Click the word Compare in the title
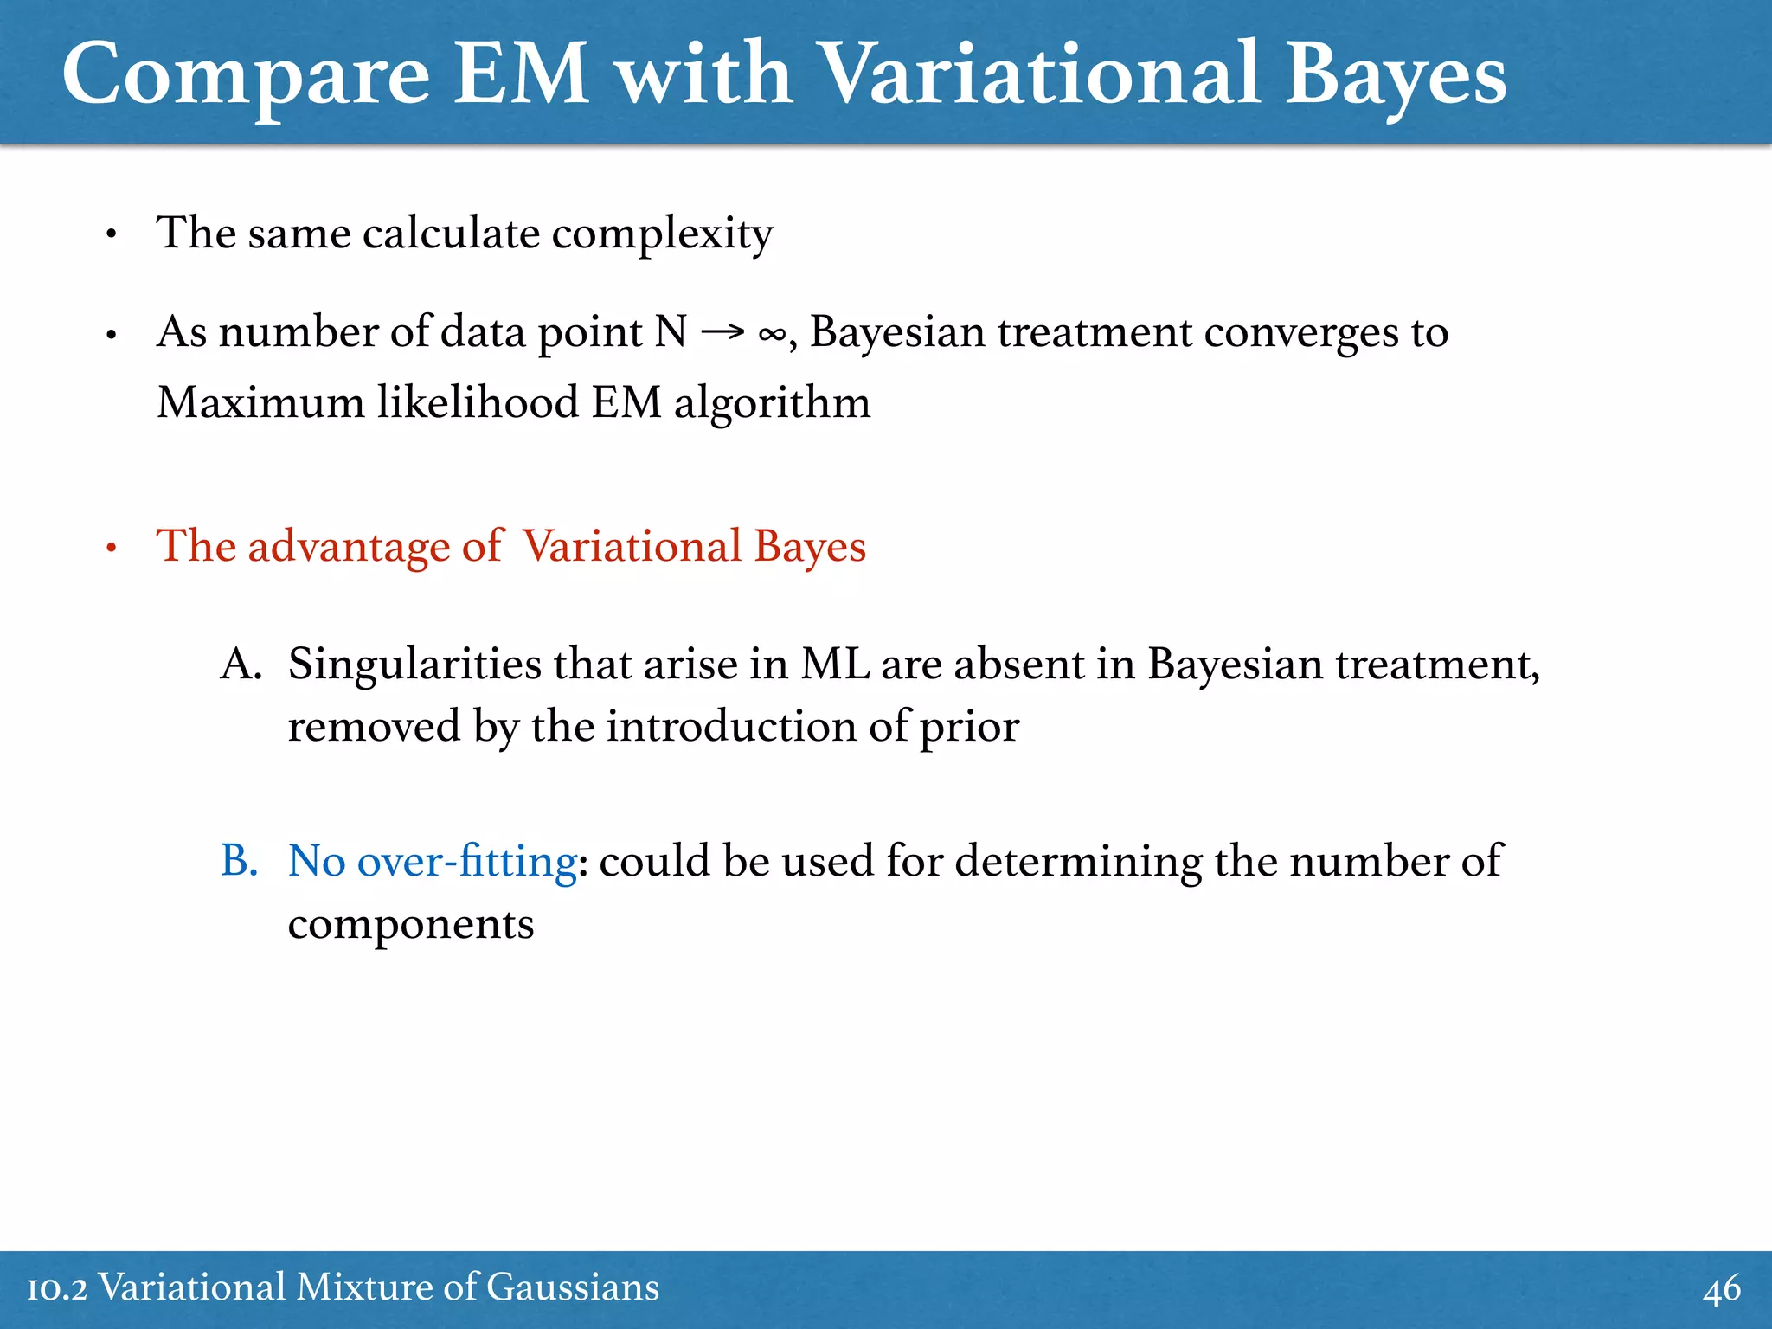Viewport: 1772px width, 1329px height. tap(246, 76)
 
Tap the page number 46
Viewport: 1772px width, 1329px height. tap(1721, 1289)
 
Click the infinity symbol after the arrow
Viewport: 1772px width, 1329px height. tap(772, 334)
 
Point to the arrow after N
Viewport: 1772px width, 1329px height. tap(722, 332)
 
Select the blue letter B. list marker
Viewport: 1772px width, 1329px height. tap(239, 861)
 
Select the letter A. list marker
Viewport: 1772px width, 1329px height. tap(241, 664)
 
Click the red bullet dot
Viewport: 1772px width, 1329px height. tap(111, 549)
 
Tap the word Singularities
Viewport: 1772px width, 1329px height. tap(414, 664)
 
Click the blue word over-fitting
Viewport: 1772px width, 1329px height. tap(466, 861)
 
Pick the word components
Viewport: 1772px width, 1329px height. tap(410, 924)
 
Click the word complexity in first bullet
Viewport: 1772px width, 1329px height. tap(662, 234)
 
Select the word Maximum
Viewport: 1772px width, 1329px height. tap(260, 403)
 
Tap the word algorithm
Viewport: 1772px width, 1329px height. tap(772, 403)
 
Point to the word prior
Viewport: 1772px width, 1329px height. tap(969, 727)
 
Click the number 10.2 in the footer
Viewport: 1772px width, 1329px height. tap(57, 1288)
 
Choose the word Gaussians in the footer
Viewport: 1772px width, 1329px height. tap(572, 1287)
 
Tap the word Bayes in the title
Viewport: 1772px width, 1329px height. tap(1396, 76)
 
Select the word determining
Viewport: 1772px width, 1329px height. tap(1078, 861)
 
